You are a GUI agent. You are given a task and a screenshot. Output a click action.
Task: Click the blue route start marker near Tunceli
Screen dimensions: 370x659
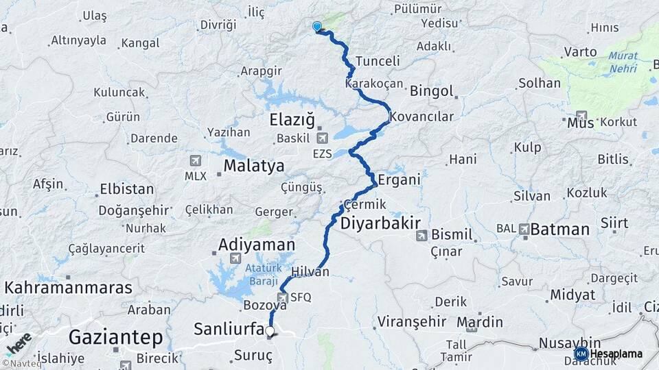pos(317,27)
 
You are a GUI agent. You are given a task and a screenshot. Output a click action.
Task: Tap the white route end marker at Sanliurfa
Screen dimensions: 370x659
pos(270,332)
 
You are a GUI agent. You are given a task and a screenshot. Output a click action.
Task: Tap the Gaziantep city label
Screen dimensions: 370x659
pos(116,337)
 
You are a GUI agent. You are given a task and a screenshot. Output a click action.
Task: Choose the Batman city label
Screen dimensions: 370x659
pos(559,230)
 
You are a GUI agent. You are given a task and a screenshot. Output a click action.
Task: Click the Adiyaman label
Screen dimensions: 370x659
pos(256,245)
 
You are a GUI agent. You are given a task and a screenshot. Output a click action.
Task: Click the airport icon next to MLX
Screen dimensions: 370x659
pos(195,160)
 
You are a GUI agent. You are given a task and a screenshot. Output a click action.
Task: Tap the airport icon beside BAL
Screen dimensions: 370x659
pos(524,229)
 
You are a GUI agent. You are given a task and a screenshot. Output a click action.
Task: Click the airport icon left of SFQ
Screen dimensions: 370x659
pos(282,297)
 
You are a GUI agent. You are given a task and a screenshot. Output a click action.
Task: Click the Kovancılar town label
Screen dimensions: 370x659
pos(421,116)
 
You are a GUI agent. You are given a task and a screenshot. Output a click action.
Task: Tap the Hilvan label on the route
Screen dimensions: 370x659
pos(310,272)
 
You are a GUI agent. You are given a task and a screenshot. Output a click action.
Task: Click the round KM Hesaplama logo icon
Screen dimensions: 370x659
pos(581,354)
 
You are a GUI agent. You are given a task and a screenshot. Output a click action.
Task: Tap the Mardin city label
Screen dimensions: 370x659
pos(480,321)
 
